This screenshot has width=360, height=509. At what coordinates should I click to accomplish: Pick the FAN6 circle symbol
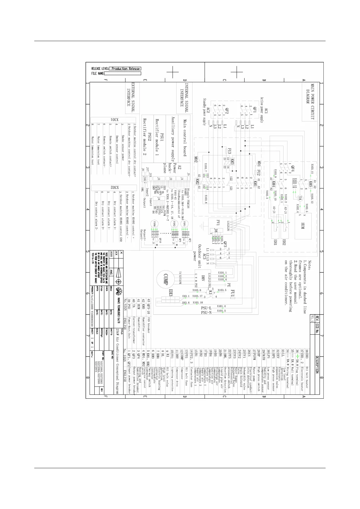tap(154, 224)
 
